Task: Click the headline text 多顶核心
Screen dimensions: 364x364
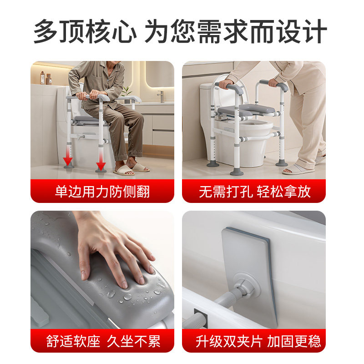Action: click(x=85, y=31)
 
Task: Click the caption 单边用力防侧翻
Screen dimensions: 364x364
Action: click(x=102, y=191)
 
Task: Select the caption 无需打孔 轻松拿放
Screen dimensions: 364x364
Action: click(x=254, y=191)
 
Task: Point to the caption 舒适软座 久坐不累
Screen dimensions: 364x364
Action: click(x=102, y=341)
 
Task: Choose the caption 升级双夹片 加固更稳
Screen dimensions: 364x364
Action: click(x=254, y=341)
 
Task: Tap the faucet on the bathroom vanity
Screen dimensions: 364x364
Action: click(x=161, y=96)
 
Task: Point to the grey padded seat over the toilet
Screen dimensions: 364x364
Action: click(x=246, y=111)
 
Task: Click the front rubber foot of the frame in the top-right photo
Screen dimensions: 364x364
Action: click(x=236, y=172)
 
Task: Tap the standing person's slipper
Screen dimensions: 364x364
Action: click(x=298, y=170)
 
